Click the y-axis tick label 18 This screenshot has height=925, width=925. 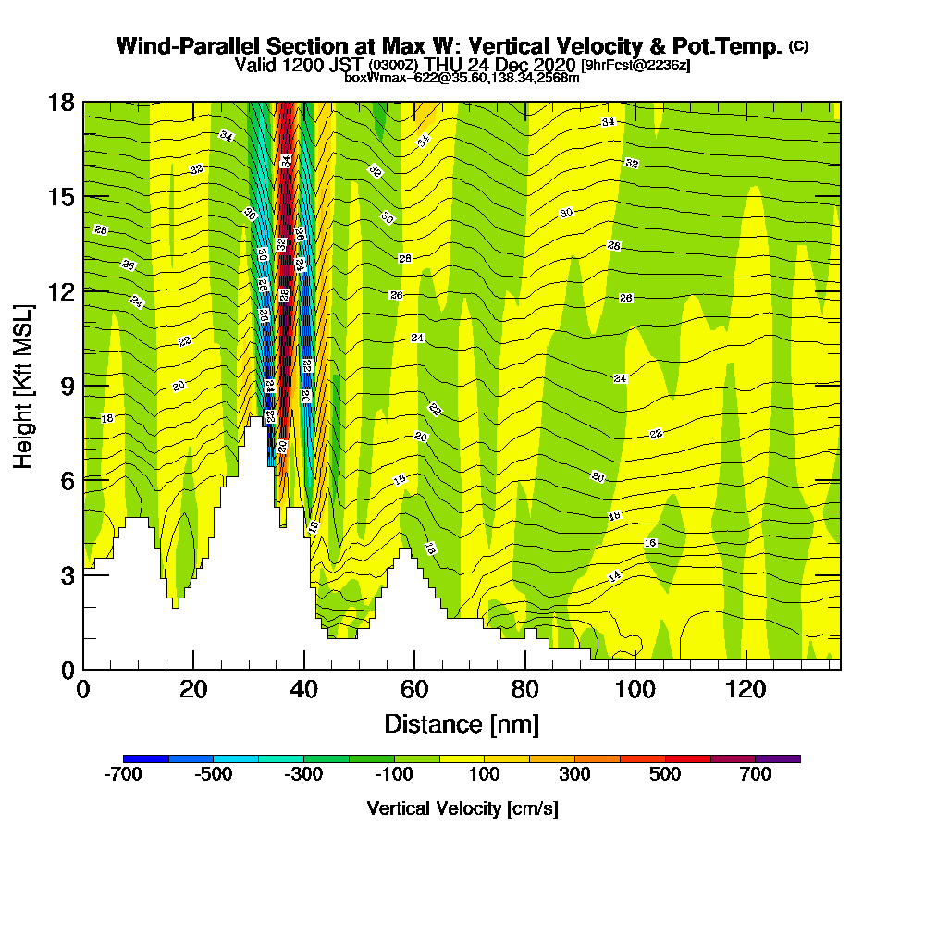(61, 102)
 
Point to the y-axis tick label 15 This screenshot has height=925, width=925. (61, 196)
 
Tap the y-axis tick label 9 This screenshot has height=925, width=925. (67, 386)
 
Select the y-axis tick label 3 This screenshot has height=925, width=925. (67, 574)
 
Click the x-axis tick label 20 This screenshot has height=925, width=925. (192, 690)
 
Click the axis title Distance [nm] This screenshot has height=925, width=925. (462, 723)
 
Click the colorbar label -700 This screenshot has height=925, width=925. (123, 775)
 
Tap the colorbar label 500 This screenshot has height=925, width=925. (665, 775)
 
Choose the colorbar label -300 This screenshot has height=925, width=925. (303, 775)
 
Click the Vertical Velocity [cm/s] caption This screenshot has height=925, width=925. (462, 808)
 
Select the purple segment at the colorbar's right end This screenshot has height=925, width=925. (778, 758)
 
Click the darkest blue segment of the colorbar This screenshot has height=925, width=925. (146, 758)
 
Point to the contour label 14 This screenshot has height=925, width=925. (614, 576)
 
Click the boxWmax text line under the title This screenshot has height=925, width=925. (462, 78)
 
